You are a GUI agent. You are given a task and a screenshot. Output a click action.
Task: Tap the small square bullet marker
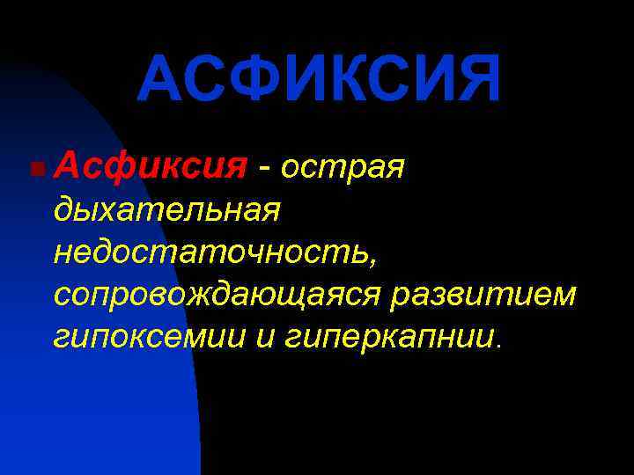point(33,167)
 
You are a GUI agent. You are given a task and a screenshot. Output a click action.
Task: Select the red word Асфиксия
point(149,164)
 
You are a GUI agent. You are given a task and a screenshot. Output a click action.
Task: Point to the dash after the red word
point(263,165)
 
